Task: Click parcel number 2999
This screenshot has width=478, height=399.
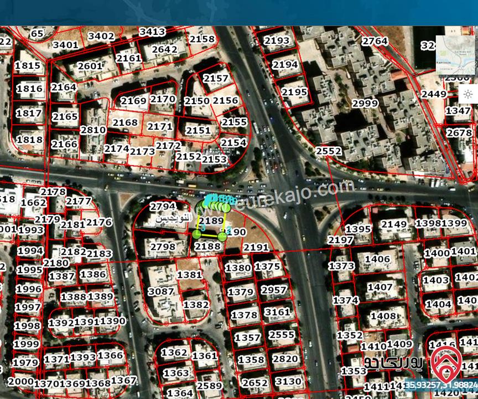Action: tap(365, 104)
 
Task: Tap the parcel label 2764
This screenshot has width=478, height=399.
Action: tap(375, 41)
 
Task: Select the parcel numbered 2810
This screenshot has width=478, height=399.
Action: tap(93, 130)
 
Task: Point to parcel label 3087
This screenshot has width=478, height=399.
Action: tap(162, 291)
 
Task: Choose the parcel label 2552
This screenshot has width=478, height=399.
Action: tap(329, 151)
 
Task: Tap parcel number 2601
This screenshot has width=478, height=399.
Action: tap(90, 66)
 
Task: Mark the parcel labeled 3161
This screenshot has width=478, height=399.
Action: tap(277, 312)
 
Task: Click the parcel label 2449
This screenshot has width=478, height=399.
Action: tap(433, 94)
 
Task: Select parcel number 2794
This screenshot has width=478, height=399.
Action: tap(163, 207)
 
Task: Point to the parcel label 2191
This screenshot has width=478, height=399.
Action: tap(256, 247)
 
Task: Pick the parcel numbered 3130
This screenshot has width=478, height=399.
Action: tap(288, 381)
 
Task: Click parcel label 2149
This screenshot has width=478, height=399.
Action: tap(394, 224)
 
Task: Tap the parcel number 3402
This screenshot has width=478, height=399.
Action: tap(101, 37)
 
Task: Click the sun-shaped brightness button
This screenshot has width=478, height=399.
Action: tap(468, 94)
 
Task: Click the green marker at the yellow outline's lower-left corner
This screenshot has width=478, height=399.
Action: tap(197, 235)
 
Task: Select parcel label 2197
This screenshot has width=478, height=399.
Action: tap(340, 240)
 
